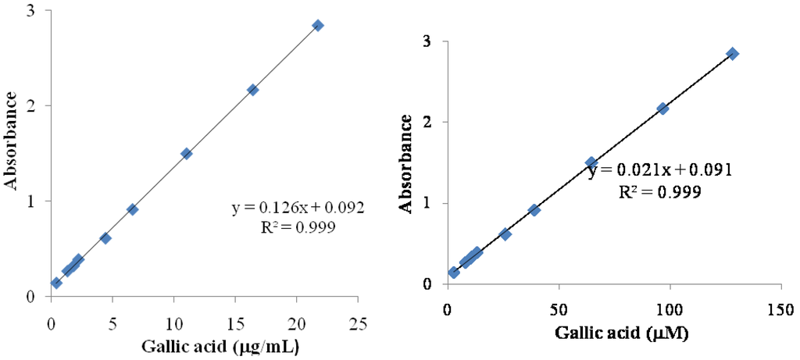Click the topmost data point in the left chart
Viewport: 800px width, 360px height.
tap(317, 25)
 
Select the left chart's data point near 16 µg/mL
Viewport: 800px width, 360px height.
tap(252, 90)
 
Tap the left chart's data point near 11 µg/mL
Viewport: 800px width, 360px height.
tap(186, 154)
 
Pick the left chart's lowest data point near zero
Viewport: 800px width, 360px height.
tap(56, 283)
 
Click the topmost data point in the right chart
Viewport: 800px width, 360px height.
tap(732, 53)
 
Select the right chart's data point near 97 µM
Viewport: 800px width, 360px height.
tap(662, 109)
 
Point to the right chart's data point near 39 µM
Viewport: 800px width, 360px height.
tap(534, 210)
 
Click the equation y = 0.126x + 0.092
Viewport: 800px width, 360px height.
tap(298, 209)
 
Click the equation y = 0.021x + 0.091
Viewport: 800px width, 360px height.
tap(660, 170)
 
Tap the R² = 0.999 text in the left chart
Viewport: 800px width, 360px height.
tap(298, 227)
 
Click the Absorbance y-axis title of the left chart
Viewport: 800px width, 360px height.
tap(12, 140)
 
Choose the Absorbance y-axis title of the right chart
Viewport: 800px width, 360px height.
tap(406, 163)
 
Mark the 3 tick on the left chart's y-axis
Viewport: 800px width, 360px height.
tap(30, 9)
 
